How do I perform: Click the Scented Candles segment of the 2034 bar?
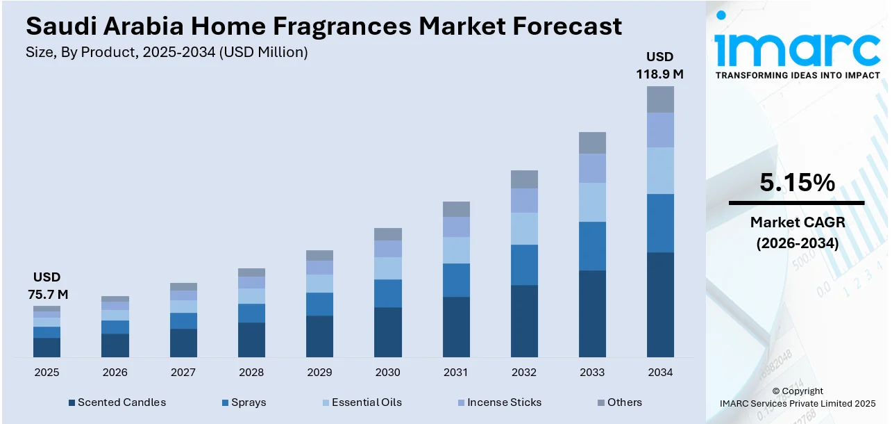click(x=660, y=304)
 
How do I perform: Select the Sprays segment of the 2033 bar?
click(x=592, y=246)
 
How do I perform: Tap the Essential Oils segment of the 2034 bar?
click(x=660, y=170)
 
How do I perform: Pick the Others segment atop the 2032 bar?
click(x=524, y=179)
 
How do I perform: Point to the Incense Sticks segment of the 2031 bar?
click(x=456, y=227)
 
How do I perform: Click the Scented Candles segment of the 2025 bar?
click(x=47, y=348)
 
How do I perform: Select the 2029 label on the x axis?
click(x=319, y=373)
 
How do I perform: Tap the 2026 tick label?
click(x=115, y=373)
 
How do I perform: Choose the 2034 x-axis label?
click(x=660, y=373)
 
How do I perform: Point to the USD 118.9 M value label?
click(x=660, y=65)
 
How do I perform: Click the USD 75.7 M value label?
click(x=47, y=286)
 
